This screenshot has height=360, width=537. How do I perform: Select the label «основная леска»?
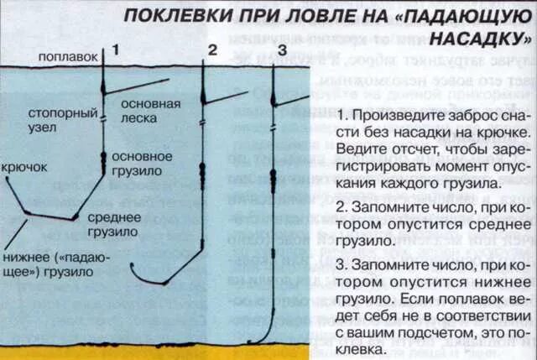150,111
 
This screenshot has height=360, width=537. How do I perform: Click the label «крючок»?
24,167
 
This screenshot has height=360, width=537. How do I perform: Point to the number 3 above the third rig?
282,50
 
